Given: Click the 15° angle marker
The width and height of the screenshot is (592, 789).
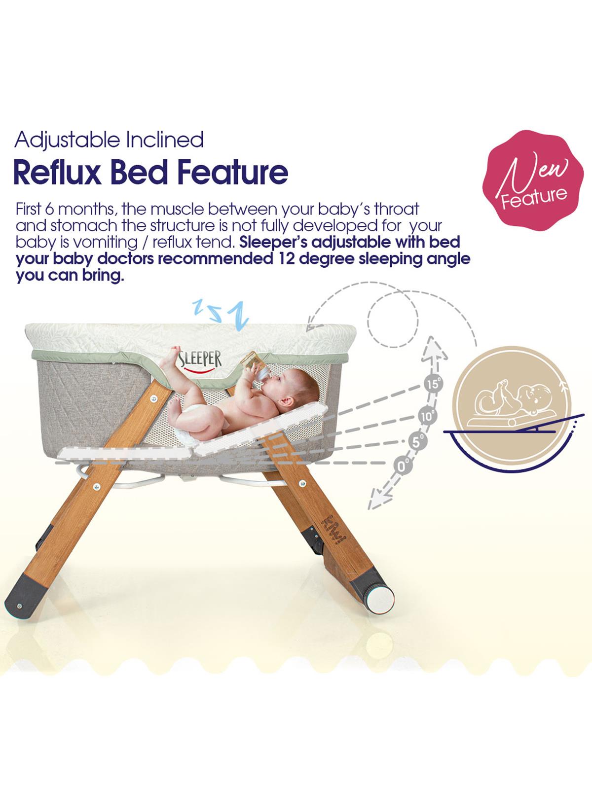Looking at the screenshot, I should pyautogui.click(x=433, y=384).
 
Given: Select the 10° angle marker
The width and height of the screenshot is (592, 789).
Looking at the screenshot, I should pyautogui.click(x=427, y=416).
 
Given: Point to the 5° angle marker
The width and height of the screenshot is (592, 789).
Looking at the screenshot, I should pyautogui.click(x=418, y=440).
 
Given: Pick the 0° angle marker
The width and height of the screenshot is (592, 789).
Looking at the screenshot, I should pyautogui.click(x=404, y=465).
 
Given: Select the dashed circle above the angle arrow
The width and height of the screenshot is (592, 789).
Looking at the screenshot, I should pyautogui.click(x=393, y=321).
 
